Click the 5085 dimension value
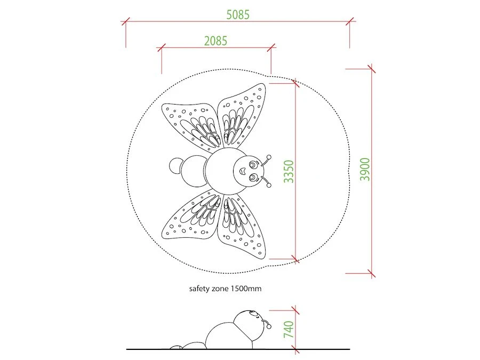point(238,15)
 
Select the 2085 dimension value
point(216,41)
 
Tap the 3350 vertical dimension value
point(289,171)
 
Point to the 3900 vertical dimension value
point(365,169)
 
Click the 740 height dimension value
point(289,330)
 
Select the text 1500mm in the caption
point(246,289)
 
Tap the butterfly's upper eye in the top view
point(253,165)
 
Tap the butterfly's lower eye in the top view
point(253,177)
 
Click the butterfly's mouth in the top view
point(243,171)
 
